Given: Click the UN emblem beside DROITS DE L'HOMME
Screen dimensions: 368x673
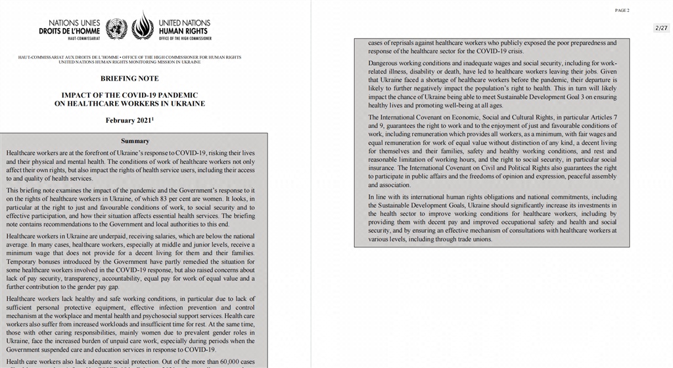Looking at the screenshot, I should click(116, 29).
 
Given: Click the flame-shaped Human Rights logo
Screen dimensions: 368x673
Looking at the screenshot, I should click(143, 28).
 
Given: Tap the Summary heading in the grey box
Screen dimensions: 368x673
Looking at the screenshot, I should click(135, 141).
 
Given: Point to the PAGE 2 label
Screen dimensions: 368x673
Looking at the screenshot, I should click(622, 10).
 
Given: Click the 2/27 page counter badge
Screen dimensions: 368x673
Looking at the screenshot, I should click(661, 28).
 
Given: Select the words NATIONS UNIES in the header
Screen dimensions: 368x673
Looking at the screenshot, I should click(74, 23).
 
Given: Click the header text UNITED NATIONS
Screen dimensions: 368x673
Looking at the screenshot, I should click(183, 23).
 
